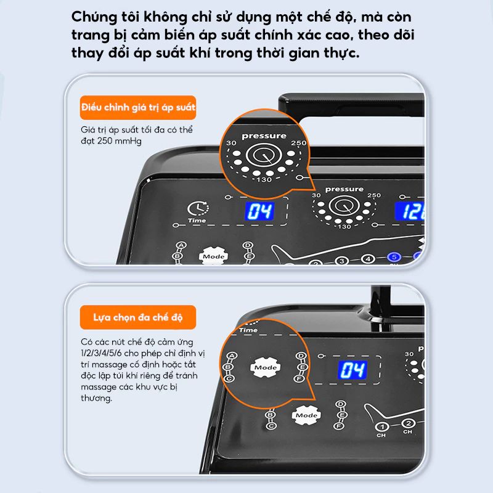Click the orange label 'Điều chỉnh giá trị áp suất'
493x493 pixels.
tap(138, 107)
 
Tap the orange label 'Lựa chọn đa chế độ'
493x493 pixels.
tap(138, 317)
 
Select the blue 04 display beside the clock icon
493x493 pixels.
tap(259, 211)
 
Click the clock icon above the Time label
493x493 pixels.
tap(198, 208)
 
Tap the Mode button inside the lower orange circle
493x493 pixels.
tap(266, 367)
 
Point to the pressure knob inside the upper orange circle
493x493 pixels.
tap(264, 155)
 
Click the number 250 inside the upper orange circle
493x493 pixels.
tap(298, 143)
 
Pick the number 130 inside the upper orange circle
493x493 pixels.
tap(264, 179)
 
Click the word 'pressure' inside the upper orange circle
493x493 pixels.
tap(264, 136)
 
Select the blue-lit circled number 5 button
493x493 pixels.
tap(394, 257)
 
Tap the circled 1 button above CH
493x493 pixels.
tap(382, 426)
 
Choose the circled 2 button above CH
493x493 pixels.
tap(409, 423)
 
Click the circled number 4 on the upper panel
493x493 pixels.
tap(368, 259)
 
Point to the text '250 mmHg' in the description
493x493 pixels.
tap(120, 141)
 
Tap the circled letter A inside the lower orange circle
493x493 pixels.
tap(232, 356)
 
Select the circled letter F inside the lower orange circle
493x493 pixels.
tap(299, 378)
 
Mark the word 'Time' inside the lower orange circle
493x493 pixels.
tap(248, 330)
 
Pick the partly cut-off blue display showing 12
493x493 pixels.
tap(409, 211)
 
